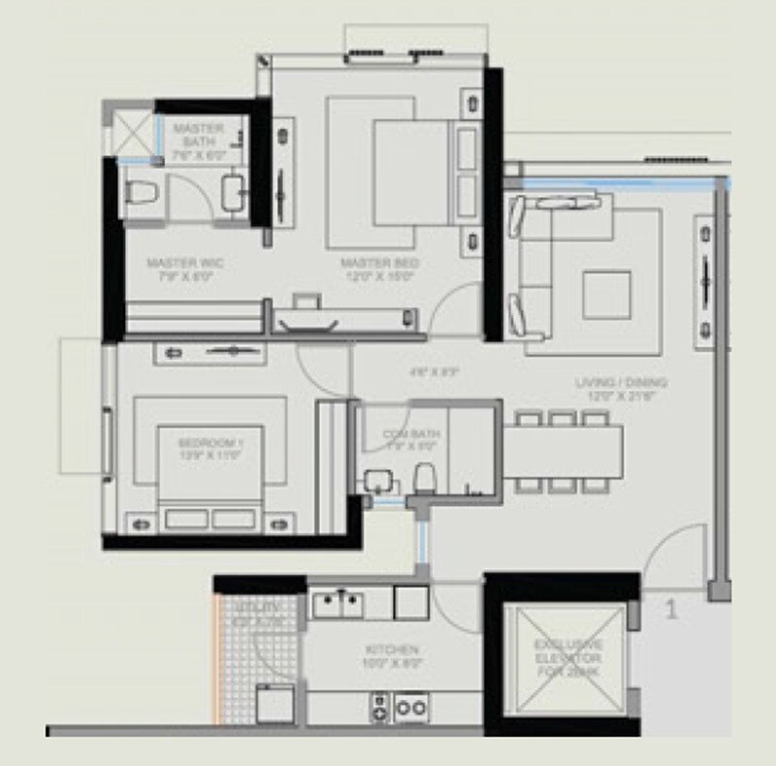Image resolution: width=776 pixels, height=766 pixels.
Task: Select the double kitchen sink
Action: tap(339, 603)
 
